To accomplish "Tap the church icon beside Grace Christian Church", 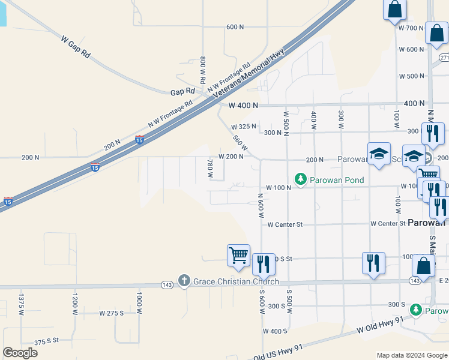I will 184,281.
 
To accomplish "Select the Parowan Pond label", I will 337,179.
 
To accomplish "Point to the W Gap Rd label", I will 76,46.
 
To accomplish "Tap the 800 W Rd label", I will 203,70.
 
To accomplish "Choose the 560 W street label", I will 240,143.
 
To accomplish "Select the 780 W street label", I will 210,169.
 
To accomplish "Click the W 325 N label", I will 244,127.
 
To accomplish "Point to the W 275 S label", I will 111,313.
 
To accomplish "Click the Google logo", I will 20,353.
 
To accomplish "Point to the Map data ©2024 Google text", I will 411,355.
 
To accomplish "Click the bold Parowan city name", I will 427,222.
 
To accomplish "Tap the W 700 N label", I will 411,28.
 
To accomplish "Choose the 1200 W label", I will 75,303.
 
